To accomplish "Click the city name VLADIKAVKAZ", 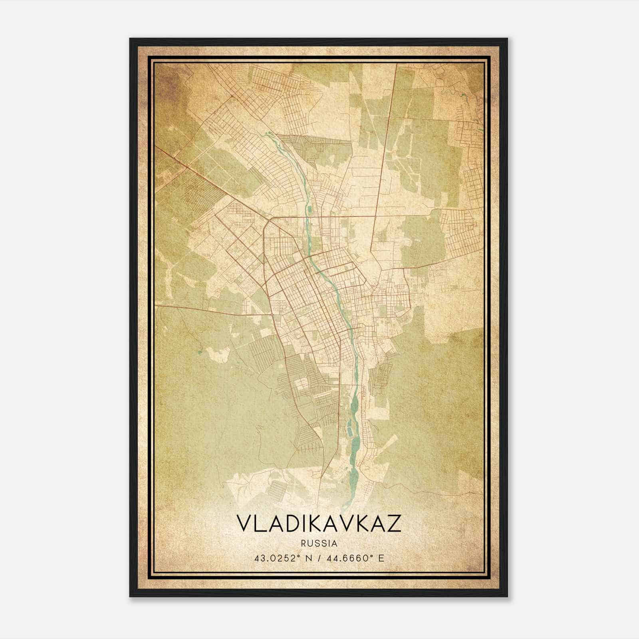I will [x=319, y=524].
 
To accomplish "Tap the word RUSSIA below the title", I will [x=319, y=544].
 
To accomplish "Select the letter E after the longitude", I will [x=381, y=558].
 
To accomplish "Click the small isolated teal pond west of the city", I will [x=198, y=352].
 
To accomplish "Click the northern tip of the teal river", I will [x=264, y=134].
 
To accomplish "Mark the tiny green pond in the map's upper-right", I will [x=463, y=95].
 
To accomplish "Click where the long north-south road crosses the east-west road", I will [x=375, y=216].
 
